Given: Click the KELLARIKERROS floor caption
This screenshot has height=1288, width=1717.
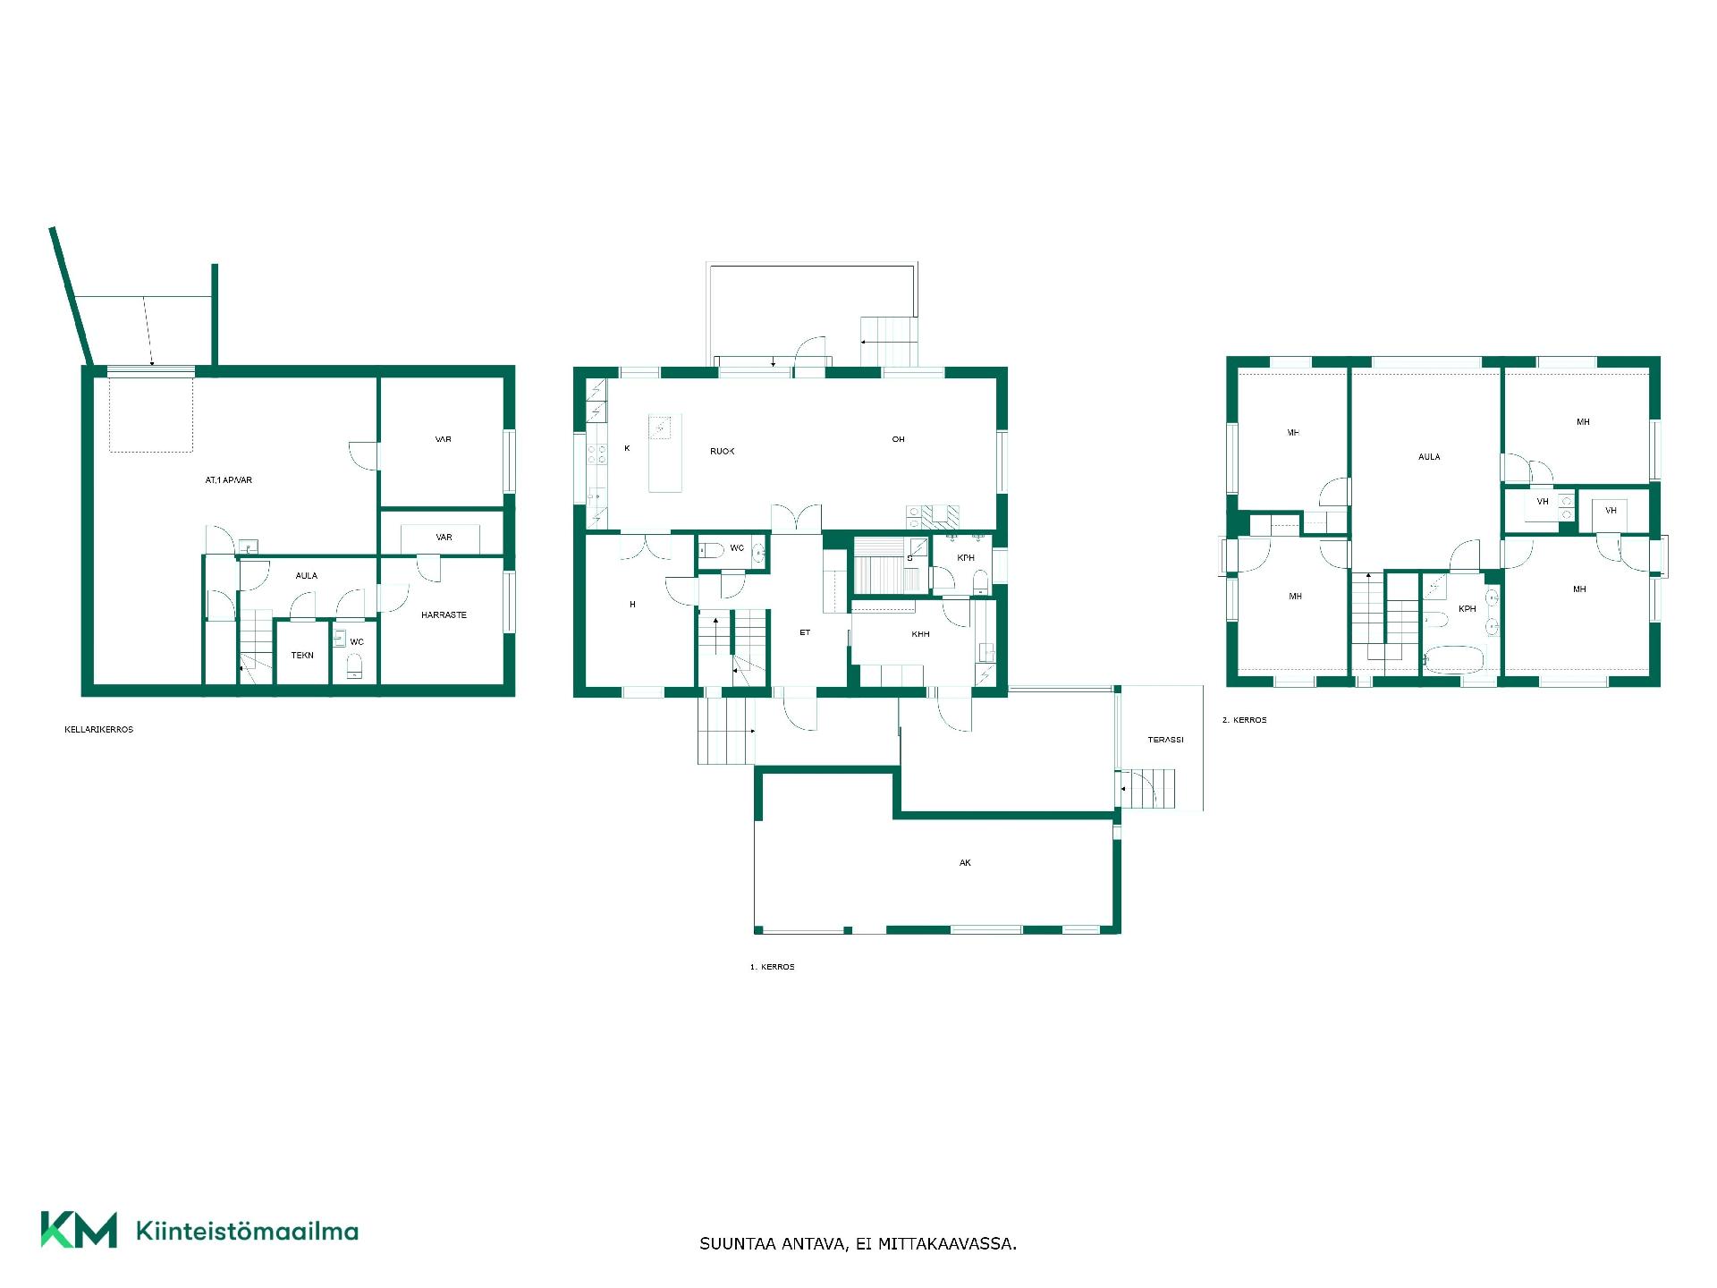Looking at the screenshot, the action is (98, 730).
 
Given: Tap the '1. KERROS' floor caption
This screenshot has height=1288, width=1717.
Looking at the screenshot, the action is (772, 967).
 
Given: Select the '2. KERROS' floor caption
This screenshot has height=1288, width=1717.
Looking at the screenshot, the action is (1244, 720).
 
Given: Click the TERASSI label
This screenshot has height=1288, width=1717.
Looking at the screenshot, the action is (1165, 740).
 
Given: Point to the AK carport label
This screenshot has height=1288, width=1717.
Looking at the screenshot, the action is (965, 863).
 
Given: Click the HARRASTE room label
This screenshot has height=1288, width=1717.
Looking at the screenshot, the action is (444, 615).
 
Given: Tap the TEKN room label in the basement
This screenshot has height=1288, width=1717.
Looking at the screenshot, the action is (302, 656).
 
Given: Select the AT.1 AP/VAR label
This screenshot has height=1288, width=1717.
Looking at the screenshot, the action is (229, 480).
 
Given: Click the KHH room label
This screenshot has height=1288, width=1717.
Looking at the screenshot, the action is (920, 634).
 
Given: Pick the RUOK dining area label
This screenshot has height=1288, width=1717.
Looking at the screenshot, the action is (722, 452).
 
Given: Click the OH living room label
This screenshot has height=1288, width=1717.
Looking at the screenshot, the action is (898, 439).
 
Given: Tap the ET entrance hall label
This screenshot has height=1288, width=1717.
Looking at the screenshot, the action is (805, 632).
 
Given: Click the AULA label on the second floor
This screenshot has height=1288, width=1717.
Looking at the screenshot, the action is (1429, 457).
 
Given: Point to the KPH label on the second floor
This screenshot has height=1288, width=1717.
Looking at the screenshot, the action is (1467, 609).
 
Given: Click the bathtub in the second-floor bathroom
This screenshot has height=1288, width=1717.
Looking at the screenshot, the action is (1453, 660).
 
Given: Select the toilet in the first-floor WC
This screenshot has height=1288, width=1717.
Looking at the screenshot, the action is (710, 550).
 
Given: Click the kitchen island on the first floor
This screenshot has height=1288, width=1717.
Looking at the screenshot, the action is (664, 453).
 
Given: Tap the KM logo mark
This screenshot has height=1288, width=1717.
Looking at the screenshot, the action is (79, 1230).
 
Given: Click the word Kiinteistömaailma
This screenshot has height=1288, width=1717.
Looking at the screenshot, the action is (247, 1231).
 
